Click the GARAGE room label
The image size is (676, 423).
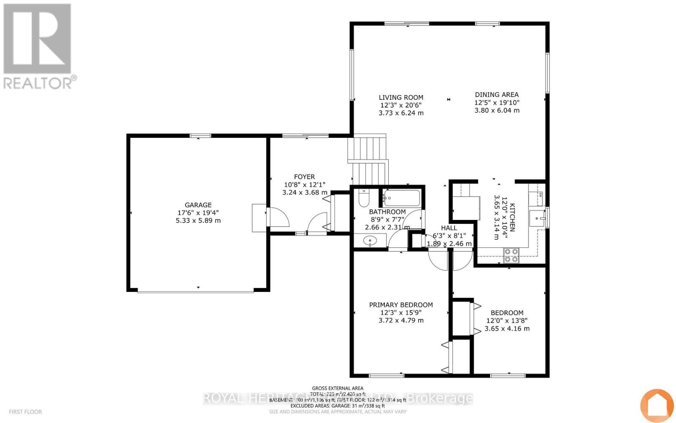[x=198, y=205]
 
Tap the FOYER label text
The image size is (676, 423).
[x=304, y=177]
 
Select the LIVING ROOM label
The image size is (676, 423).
[x=401, y=97]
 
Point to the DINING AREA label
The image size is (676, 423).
[x=496, y=95]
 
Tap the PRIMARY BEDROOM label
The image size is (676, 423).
[x=401, y=305]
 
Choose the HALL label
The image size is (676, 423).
[x=449, y=228]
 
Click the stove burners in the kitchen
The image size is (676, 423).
[x=511, y=255]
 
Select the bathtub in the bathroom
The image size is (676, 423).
[x=401, y=198]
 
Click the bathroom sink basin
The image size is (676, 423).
[x=370, y=242]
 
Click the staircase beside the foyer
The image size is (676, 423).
[x=369, y=159]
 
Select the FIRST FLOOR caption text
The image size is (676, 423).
[x=25, y=412]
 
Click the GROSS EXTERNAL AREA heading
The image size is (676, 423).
[x=337, y=388]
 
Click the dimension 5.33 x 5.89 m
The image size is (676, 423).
[x=198, y=220]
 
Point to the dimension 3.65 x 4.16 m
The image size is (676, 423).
[x=507, y=329]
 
